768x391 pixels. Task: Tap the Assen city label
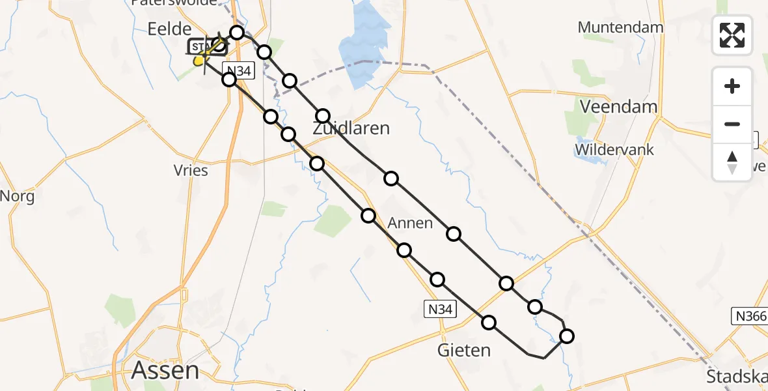pos(165,370)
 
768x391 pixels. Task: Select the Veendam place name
pos(618,106)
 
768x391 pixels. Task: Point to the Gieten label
pos(464,350)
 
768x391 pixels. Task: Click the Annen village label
pos(410,223)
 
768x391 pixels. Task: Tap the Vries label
pos(191,171)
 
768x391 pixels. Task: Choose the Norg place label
pos(17,195)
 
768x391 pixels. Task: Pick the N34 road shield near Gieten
pos(440,310)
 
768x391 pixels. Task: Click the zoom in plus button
pos(732,86)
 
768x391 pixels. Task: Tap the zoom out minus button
pos(732,124)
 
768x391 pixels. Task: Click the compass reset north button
pos(732,162)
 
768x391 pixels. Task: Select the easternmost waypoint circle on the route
pos(567,336)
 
